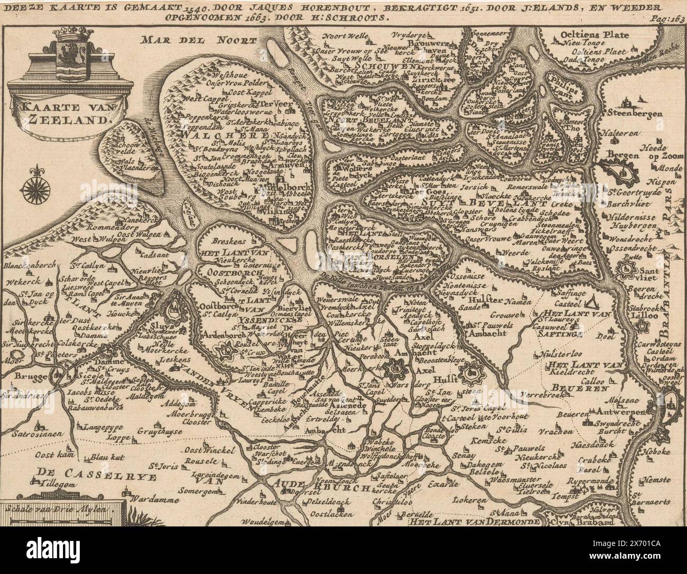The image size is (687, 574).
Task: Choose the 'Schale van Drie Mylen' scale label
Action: (x=62, y=511)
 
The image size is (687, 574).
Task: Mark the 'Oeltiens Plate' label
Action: (x=595, y=35)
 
